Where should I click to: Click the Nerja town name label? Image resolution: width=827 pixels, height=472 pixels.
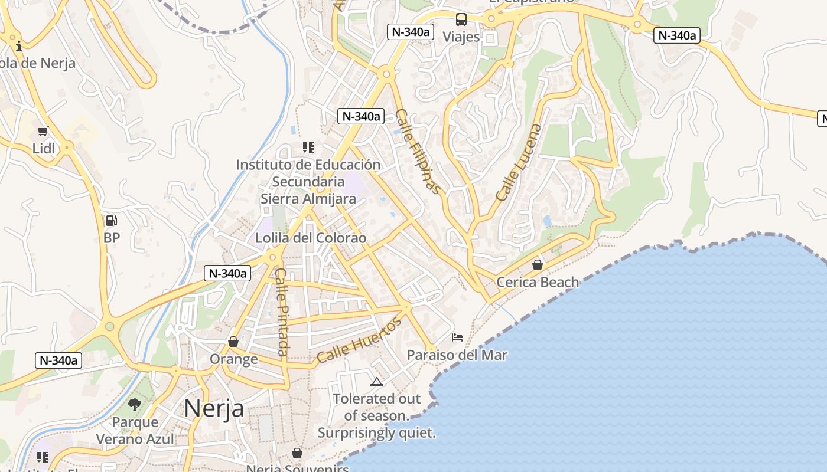click(214, 408)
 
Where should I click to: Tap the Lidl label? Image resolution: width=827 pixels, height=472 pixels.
click(44, 148)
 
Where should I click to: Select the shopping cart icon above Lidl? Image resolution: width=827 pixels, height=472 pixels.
click(43, 131)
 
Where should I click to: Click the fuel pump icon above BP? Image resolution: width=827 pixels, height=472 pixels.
click(111, 221)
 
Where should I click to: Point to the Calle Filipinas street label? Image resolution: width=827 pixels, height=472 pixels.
click(418, 151)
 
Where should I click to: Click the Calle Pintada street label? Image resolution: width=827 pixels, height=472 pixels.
click(282, 312)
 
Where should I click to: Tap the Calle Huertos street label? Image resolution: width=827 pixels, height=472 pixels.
click(359, 340)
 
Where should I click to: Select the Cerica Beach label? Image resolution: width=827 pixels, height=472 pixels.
click(538, 282)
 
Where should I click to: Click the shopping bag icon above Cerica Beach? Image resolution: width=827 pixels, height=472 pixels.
click(538, 265)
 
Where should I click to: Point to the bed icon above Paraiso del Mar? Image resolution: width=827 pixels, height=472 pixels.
click(457, 337)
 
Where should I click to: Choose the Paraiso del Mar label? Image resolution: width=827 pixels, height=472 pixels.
click(457, 355)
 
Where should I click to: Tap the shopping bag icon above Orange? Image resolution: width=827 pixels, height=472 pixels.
click(233, 342)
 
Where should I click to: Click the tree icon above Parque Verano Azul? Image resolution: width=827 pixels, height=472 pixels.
click(135, 405)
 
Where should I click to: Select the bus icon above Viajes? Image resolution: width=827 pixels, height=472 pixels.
click(461, 19)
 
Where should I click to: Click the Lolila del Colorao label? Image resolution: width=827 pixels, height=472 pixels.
click(311, 238)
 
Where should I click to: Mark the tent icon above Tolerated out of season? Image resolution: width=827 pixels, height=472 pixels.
click(377, 382)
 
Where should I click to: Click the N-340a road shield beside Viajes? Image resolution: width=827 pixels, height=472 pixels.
click(411, 32)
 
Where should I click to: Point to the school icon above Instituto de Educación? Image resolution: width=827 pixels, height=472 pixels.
click(308, 147)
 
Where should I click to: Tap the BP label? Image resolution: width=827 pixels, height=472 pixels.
click(111, 238)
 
